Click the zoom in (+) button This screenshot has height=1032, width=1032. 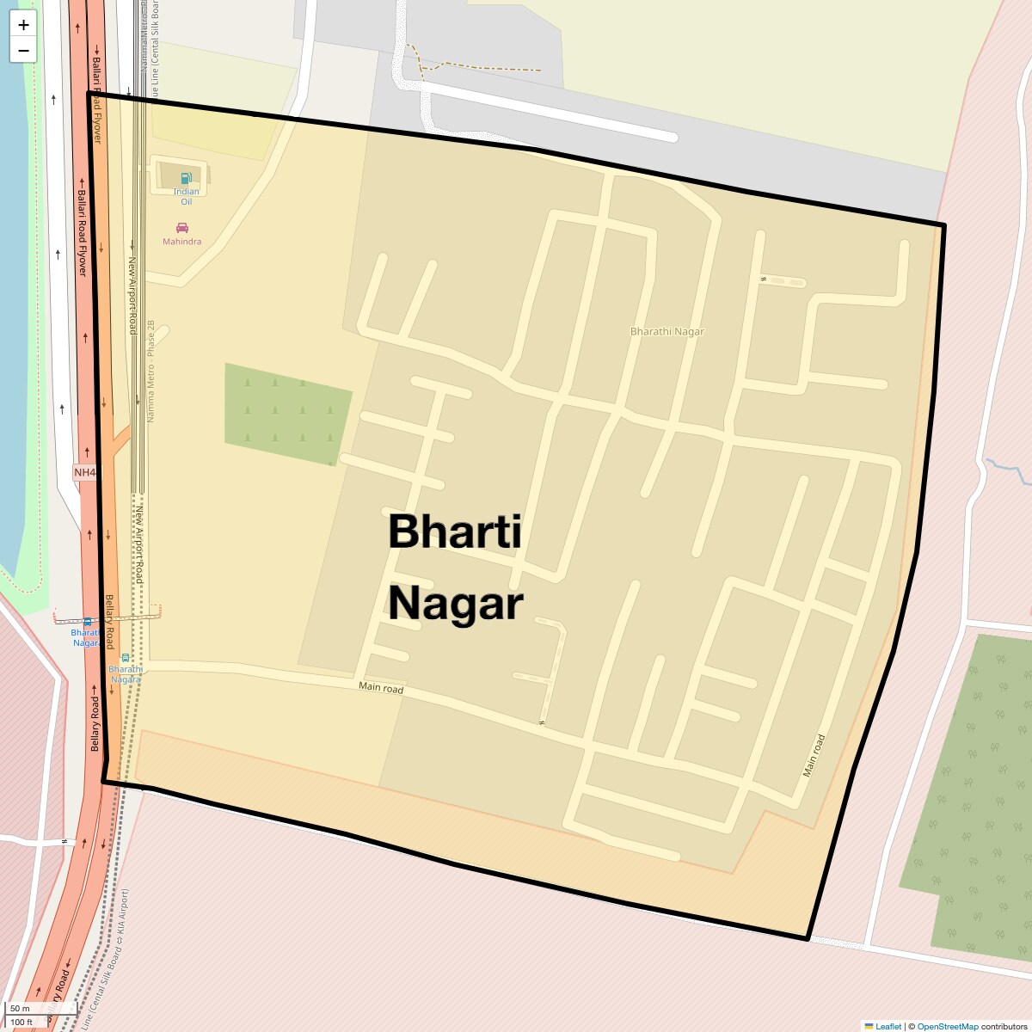(23, 25)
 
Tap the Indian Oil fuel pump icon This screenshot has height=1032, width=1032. (186, 179)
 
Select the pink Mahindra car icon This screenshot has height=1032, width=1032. (182, 228)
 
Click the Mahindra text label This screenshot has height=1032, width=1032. (182, 242)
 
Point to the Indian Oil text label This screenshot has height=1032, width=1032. (186, 196)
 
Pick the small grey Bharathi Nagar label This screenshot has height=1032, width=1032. (666, 331)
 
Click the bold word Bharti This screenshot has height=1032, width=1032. (455, 531)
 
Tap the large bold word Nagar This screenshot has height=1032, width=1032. (455, 604)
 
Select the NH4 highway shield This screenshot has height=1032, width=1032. (85, 472)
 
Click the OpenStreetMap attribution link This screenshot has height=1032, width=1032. (947, 1026)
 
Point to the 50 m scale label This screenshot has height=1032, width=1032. (20, 1009)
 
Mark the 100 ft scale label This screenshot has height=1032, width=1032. (21, 1022)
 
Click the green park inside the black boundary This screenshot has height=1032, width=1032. (286, 414)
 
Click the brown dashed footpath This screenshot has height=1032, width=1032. (482, 67)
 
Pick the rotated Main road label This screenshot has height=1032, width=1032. (814, 755)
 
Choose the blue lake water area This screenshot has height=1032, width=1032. (13, 258)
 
